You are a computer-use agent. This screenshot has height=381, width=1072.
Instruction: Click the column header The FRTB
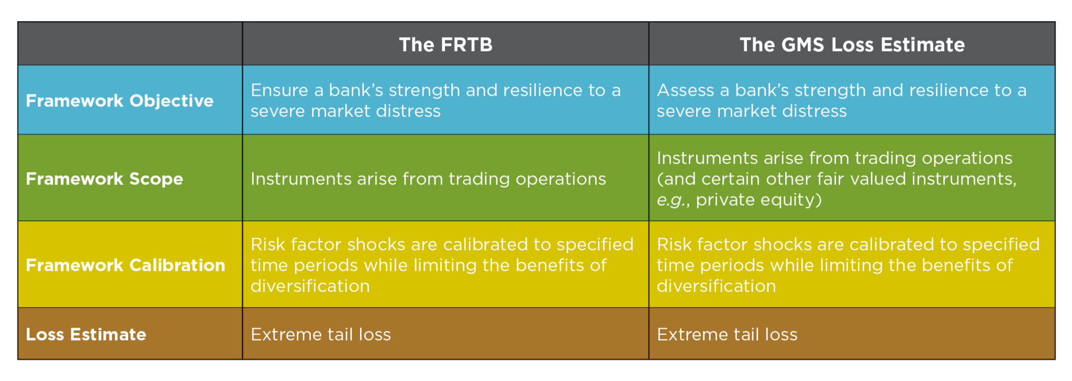click(x=445, y=45)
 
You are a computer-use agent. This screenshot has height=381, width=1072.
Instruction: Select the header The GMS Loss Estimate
click(x=852, y=45)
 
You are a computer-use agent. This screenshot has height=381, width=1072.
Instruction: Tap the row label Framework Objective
click(x=119, y=101)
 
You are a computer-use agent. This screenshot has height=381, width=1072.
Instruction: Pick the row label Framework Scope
click(x=104, y=179)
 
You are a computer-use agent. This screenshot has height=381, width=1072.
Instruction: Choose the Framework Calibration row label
click(x=125, y=265)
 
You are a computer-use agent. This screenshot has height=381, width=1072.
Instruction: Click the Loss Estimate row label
click(x=86, y=334)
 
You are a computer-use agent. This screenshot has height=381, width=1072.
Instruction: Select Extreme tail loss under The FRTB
click(x=320, y=334)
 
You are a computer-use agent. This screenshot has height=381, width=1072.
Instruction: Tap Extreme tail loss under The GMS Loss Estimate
click(x=727, y=334)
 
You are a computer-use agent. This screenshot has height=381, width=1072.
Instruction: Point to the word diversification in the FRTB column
click(x=310, y=286)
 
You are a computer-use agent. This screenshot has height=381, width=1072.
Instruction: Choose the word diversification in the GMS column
click(x=716, y=286)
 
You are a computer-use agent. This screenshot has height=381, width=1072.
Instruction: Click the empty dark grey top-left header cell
click(x=130, y=43)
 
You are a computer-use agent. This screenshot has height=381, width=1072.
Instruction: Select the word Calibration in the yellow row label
click(x=177, y=265)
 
